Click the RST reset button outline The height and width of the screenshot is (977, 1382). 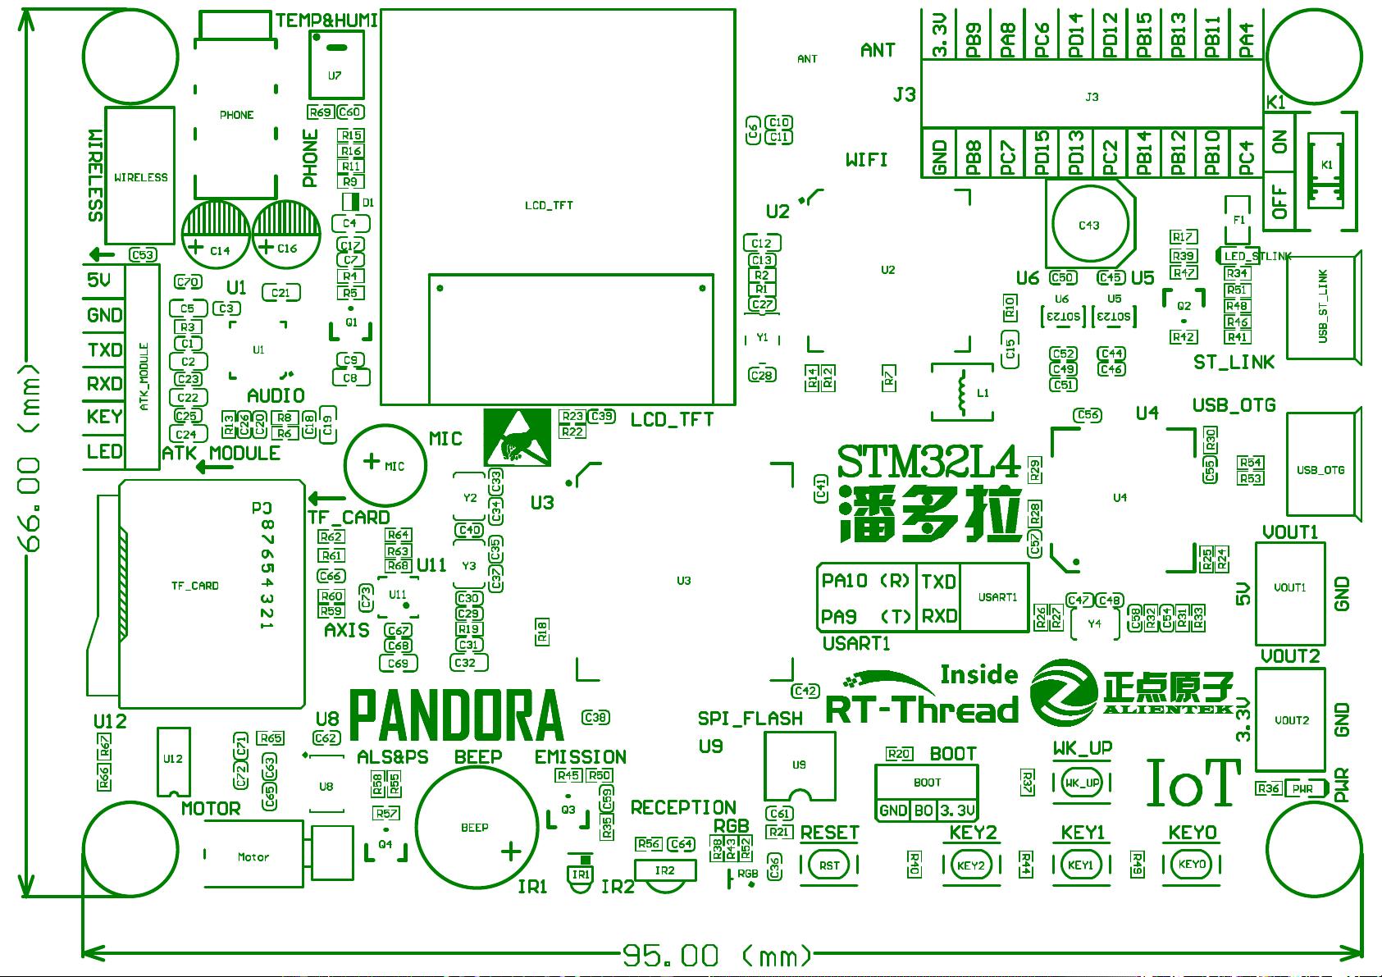tap(829, 865)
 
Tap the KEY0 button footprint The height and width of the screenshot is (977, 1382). tap(1191, 865)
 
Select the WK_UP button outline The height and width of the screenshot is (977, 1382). tap(1082, 783)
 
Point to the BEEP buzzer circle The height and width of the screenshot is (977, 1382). tap(475, 827)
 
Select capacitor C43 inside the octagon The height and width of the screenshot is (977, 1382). tap(1089, 225)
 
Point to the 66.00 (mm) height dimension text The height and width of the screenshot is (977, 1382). tap(30, 463)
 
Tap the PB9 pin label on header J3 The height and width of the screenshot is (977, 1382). tap(974, 39)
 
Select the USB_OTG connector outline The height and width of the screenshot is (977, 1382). tap(1320, 469)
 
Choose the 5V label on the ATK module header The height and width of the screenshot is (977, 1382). tap(99, 281)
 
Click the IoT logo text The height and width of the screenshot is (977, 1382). tap(1193, 782)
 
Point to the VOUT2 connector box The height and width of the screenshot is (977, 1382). tap(1290, 719)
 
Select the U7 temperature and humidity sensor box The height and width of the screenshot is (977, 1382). tap(335, 66)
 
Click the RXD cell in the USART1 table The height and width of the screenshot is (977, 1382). tap(938, 615)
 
